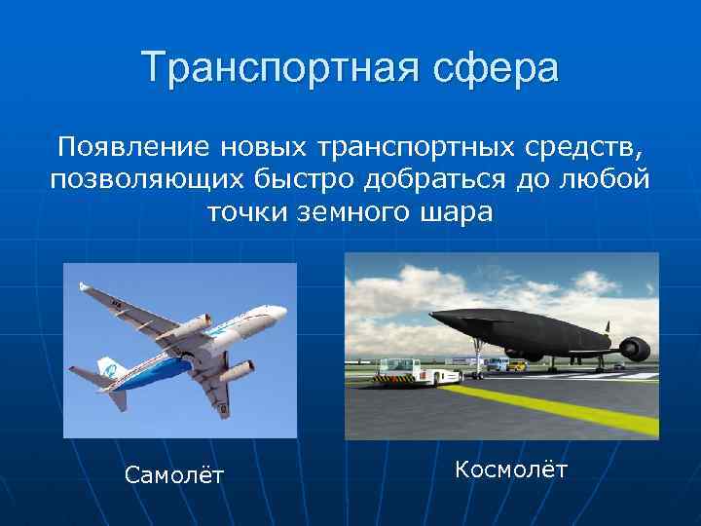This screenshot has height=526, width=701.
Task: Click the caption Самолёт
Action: click(174, 474)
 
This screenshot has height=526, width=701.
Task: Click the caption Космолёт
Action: click(510, 470)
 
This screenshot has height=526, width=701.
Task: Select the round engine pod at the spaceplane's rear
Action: click(633, 347)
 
